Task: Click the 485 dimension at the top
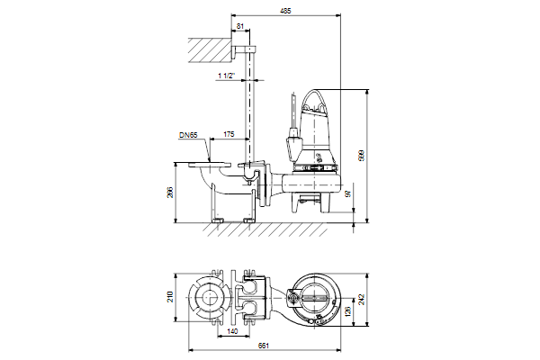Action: (285, 11)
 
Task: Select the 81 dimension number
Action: (240, 26)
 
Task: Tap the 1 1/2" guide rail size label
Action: (226, 76)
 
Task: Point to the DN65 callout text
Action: (188, 135)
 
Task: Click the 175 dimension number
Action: (229, 134)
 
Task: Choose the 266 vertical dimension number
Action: (170, 193)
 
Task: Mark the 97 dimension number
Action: (348, 193)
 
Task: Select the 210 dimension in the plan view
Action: (170, 297)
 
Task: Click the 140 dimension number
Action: (233, 331)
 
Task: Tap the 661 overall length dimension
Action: (263, 346)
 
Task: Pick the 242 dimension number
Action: (361, 299)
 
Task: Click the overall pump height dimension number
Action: (361, 156)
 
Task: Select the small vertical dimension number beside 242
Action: (347, 311)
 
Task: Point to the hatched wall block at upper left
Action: (210, 50)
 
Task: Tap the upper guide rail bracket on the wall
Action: (244, 50)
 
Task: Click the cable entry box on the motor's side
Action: (293, 144)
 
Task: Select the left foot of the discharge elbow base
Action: (218, 220)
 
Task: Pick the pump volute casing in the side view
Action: (311, 183)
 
